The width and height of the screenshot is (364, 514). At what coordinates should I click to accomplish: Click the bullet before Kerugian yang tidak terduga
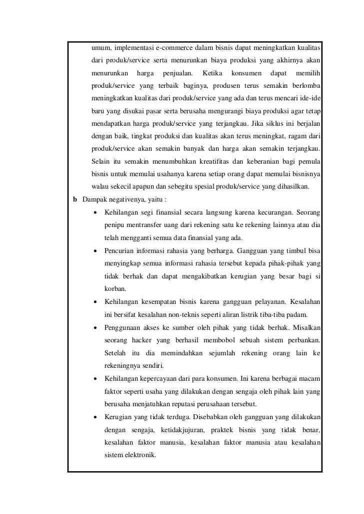pos(94,416)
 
